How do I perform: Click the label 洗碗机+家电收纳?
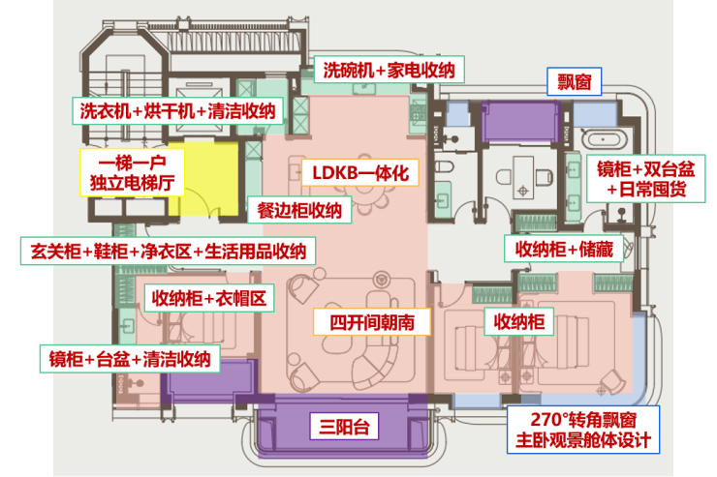tap(389, 70)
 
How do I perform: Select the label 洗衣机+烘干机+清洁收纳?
tap(178, 110)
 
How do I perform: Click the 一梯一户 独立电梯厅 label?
tap(123, 170)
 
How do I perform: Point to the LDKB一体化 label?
tap(356, 173)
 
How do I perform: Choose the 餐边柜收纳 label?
tap(299, 211)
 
